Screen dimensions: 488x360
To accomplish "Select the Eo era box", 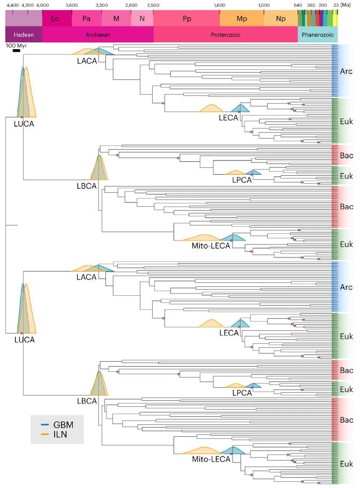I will click(55, 19).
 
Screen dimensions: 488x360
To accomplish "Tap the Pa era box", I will click(86, 19).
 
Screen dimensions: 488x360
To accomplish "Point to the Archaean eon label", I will click(97, 34).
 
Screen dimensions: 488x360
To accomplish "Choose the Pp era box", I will click(186, 19).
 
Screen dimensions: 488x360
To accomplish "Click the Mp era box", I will click(242, 19).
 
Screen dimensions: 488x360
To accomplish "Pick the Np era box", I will click(281, 19).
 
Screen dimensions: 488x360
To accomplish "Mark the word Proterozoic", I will click(225, 34).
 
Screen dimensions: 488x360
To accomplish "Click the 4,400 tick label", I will click(13, 5).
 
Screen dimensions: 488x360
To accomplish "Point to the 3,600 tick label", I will click(72, 5).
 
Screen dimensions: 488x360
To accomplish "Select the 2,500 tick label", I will click(153, 5).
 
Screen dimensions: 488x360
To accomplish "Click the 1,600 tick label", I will click(220, 5).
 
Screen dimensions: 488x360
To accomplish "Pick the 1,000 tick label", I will click(264, 5).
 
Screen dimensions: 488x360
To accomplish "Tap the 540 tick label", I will click(298, 5).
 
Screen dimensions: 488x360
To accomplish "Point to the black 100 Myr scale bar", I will click(16, 51).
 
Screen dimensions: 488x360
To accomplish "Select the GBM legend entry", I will click(57, 424).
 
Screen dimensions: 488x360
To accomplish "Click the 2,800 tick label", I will click(131, 5).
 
